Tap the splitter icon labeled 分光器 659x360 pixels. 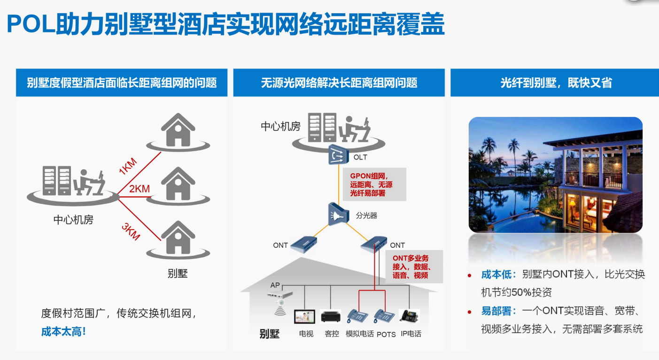pyautogui.click(x=339, y=214)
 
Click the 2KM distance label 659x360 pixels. pyautogui.click(x=140, y=189)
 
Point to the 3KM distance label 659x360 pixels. pyautogui.click(x=131, y=232)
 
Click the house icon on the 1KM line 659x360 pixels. pyautogui.click(x=178, y=130)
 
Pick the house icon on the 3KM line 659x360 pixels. pyautogui.click(x=178, y=237)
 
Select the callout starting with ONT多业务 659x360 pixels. pyautogui.click(x=413, y=267)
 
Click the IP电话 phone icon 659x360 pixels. pyautogui.click(x=409, y=315)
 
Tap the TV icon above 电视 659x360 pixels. pyautogui.click(x=305, y=317)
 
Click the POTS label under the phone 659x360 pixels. pyautogui.click(x=386, y=334)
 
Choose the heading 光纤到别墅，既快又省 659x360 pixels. pyautogui.click(x=556, y=83)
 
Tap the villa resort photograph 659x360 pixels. pyautogui.click(x=555, y=175)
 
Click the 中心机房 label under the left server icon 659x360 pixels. pyautogui.click(x=73, y=219)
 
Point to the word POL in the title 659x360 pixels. pyautogui.click(x=31, y=25)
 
